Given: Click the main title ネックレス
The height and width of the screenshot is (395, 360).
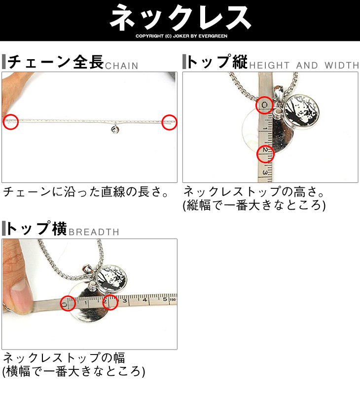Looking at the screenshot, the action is (180, 17).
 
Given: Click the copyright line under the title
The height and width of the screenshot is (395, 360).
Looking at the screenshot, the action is (181, 36).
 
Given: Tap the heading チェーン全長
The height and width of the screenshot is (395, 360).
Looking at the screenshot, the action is (56, 62).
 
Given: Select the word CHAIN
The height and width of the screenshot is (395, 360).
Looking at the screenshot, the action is (122, 66).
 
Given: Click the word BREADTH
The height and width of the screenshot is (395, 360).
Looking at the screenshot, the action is (94, 232).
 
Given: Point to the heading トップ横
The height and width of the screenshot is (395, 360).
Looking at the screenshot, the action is (37, 228).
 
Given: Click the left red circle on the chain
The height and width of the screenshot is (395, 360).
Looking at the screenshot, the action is (11, 122).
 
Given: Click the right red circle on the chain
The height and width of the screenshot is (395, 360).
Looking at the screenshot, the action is (169, 122).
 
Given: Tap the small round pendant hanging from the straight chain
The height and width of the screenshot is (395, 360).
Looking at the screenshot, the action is (115, 130).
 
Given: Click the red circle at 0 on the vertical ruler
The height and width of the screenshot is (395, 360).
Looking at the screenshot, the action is (264, 105).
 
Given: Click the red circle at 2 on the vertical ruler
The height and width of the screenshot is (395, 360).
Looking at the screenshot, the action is (265, 154).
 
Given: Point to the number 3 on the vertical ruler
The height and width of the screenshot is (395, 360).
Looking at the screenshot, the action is (265, 173).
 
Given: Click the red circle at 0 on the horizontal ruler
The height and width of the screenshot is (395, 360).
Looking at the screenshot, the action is (68, 303).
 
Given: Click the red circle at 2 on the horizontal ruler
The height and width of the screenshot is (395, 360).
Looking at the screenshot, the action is (110, 302).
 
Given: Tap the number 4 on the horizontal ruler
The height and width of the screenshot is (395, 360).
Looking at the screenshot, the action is (144, 300).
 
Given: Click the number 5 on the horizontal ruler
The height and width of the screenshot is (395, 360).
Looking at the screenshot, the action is (165, 299).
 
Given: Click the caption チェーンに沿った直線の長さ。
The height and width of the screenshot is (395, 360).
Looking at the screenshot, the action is (86, 192).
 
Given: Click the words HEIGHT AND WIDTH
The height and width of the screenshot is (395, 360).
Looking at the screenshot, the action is (304, 66).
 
